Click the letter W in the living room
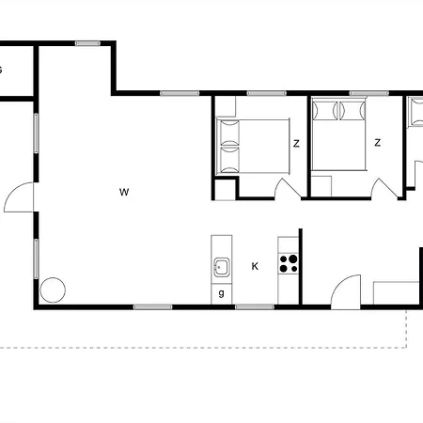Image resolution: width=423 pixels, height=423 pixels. [x=124, y=192]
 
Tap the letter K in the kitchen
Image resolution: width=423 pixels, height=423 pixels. [x=255, y=266]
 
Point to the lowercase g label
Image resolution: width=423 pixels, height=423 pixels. [x=222, y=293]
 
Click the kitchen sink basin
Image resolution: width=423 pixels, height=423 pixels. [x=222, y=267]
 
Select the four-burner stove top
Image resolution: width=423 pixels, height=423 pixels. [x=289, y=263]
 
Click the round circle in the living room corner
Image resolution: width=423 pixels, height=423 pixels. [x=53, y=290]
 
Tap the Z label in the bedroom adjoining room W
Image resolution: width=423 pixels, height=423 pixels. [x=296, y=144]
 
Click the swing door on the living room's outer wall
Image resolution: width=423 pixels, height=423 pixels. [x=19, y=197]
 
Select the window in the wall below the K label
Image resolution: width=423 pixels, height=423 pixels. [x=255, y=306]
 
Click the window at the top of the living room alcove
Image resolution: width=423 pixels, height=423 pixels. [x=87, y=43]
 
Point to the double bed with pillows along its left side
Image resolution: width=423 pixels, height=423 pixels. [x=253, y=146]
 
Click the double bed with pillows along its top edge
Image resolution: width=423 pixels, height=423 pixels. [x=338, y=134]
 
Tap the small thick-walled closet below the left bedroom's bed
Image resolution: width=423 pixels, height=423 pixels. [x=226, y=189]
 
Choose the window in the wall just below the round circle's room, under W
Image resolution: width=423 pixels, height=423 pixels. [x=152, y=306]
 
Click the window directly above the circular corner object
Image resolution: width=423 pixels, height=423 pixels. [x=37, y=258]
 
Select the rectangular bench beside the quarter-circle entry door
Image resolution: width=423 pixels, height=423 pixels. [x=396, y=293]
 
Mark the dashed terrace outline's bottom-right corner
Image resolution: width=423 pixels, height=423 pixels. [x=406, y=348]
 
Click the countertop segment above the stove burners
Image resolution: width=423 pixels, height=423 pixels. [x=289, y=245]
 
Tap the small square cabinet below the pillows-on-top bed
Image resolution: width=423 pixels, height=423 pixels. [x=321, y=186]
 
